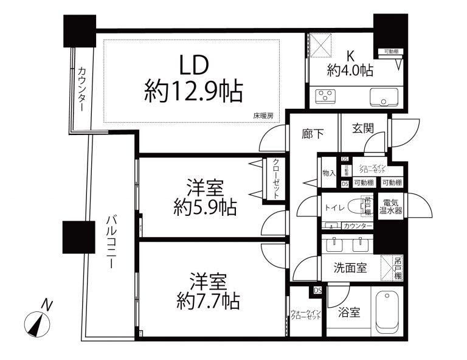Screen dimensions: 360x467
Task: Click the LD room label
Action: pyautogui.click(x=193, y=64)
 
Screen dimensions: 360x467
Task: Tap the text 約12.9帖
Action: pyautogui.click(x=193, y=92)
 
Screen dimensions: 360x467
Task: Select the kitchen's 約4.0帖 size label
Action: pyautogui.click(x=350, y=71)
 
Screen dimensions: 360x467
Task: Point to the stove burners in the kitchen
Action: pyautogui.click(x=326, y=97)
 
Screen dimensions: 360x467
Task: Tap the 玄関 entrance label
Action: pyautogui.click(x=364, y=130)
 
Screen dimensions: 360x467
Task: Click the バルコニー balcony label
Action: pyautogui.click(x=112, y=242)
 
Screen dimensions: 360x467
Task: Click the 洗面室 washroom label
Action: pyautogui.click(x=350, y=268)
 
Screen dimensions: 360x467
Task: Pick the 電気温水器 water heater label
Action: pyautogui.click(x=391, y=207)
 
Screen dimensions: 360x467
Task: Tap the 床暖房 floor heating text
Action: pyautogui.click(x=263, y=116)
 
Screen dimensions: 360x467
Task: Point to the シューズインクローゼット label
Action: pyautogui.click(x=372, y=170)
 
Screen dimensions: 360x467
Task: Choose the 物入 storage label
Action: pyautogui.click(x=329, y=173)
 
